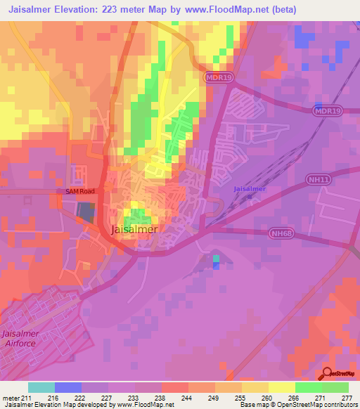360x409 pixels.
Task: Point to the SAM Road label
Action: pyautogui.click(x=80, y=191)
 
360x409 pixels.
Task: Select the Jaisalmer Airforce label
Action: pyautogui.click(x=23, y=338)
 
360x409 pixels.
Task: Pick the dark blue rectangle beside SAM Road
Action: pyautogui.click(x=84, y=211)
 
